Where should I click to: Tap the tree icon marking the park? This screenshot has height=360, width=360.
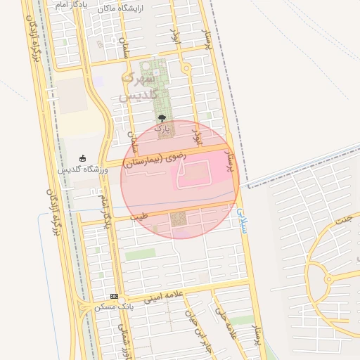(x=162, y=119)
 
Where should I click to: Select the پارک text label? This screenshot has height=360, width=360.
(x=162, y=129)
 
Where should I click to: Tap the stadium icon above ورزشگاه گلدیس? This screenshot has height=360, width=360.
(x=83, y=158)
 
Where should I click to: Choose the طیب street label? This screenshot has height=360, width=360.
(x=140, y=217)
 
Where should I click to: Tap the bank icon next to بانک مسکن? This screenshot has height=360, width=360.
(x=114, y=296)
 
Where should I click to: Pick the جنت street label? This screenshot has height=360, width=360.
(x=344, y=220)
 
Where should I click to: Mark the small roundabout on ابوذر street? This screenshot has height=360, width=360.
(x=186, y=69)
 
